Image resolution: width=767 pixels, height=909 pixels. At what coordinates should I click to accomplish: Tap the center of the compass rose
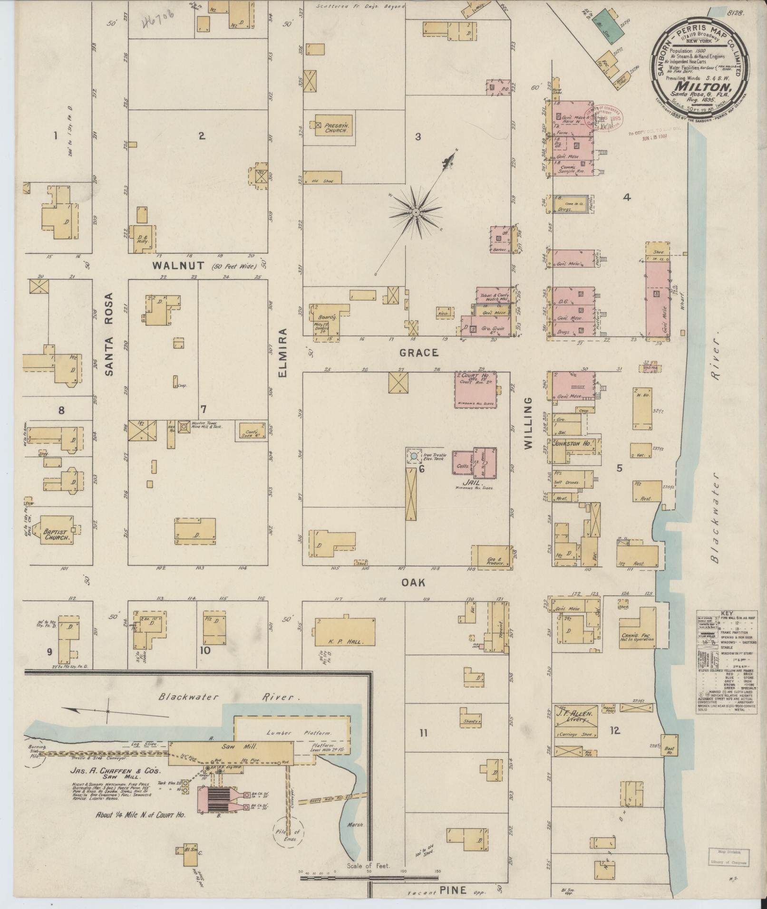415,212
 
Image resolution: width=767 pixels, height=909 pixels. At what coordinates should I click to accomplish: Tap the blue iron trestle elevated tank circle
413,456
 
